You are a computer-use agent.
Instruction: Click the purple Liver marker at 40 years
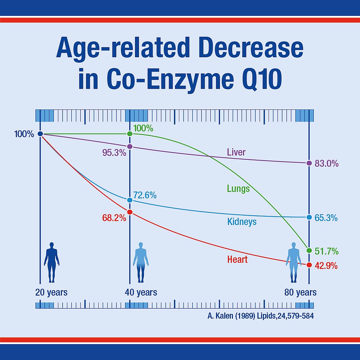(130, 147)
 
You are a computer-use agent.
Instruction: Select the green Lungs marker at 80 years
(309, 250)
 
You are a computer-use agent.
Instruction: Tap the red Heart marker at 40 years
(130, 212)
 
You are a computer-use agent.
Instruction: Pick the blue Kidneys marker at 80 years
(309, 217)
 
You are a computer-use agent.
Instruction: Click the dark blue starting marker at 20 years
(40, 134)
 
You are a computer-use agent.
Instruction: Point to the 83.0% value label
(326, 163)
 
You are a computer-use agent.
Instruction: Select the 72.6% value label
(145, 195)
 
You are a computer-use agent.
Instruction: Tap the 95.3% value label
(114, 153)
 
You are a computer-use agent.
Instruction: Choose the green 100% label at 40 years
(143, 128)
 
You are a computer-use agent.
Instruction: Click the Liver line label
(236, 152)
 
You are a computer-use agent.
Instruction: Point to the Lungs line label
(238, 188)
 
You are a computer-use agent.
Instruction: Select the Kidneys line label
(242, 221)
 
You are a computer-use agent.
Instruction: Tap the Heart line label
(238, 259)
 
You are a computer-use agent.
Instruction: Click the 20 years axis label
(51, 292)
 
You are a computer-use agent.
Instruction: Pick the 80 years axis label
(301, 292)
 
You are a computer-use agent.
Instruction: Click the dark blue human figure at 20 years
(51, 262)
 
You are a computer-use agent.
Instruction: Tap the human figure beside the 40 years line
(141, 262)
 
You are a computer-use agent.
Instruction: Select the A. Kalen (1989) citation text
(258, 316)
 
